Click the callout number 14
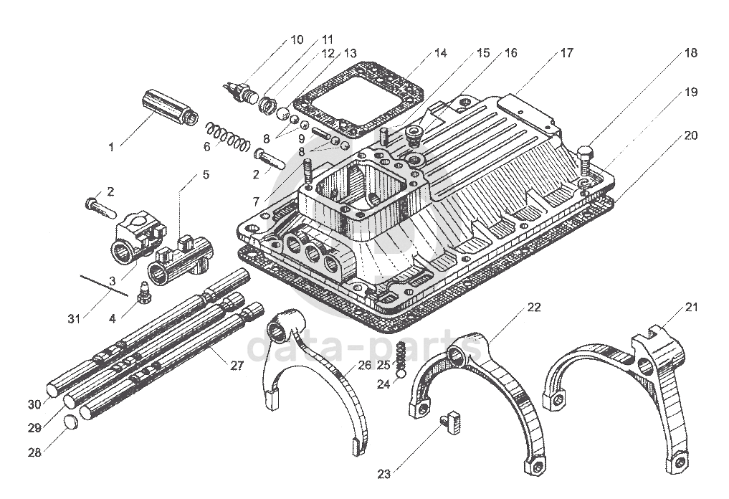click(x=440, y=52)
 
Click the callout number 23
click(x=384, y=473)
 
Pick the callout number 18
click(x=690, y=52)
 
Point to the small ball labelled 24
click(x=401, y=373)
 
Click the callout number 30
click(x=34, y=404)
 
